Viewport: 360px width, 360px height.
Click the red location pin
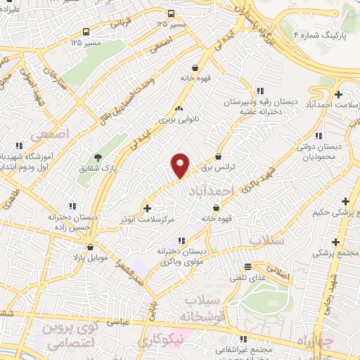181,166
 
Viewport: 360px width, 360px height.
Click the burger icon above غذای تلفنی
247,266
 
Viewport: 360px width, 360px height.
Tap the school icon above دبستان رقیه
260,90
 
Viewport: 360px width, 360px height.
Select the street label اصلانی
276,272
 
